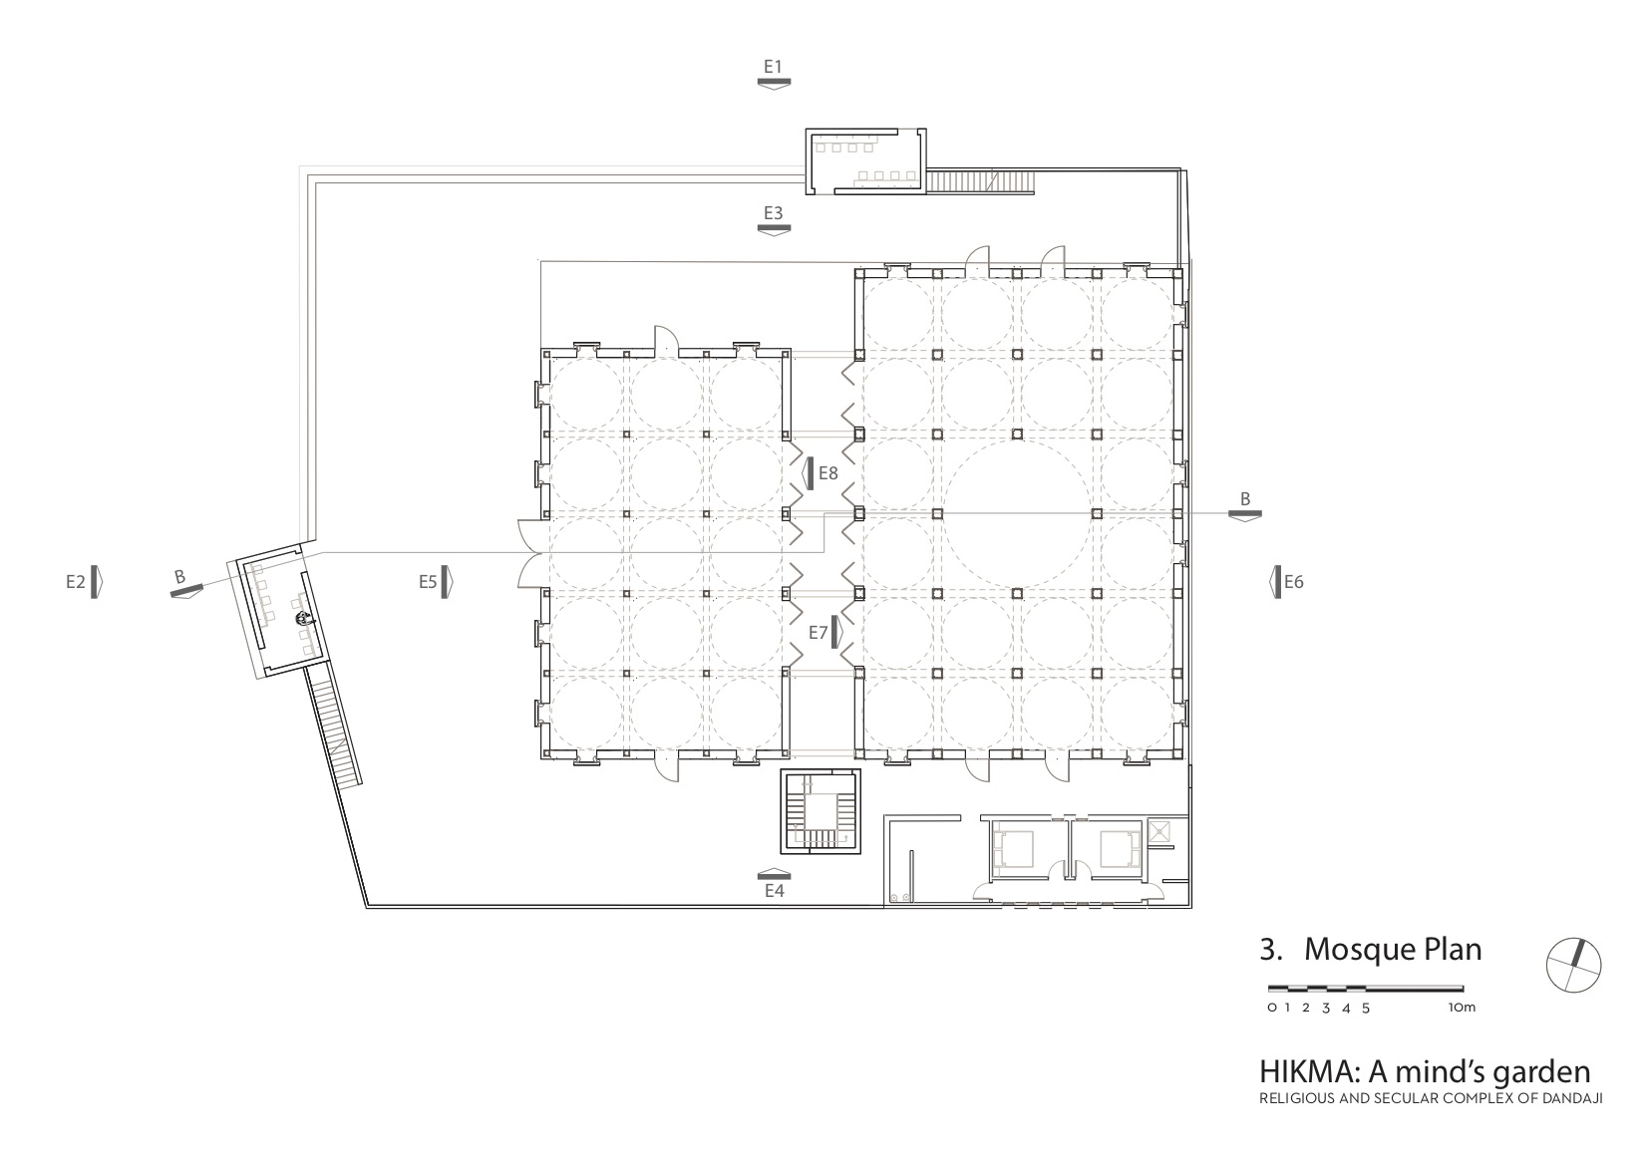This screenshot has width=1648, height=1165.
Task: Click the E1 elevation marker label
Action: pos(774,67)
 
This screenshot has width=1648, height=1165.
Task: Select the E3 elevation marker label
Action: pos(774,212)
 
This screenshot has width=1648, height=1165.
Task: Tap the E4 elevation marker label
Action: pos(775,891)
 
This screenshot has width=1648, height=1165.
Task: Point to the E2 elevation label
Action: pos(76,581)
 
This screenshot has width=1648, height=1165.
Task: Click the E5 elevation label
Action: pos(429,581)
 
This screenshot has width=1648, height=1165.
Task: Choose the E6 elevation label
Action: pos(1293,582)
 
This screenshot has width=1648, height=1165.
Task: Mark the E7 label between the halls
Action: pos(819,632)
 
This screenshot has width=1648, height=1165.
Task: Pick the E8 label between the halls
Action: pos(827,473)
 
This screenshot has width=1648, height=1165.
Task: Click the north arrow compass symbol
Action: pos(1573,965)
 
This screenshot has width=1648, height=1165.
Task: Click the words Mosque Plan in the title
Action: pos(1393,949)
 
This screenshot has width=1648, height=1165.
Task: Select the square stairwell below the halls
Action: pos(821,811)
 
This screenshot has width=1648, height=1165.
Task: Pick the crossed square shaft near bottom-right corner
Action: pos(1160,830)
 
